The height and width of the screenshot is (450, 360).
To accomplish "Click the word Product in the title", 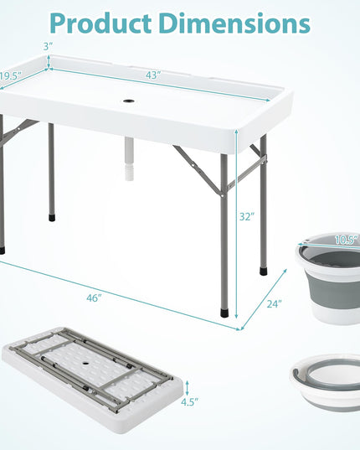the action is pyautogui.click(x=100, y=23).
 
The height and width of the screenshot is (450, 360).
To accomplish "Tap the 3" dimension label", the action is pyautogui.click(x=49, y=46).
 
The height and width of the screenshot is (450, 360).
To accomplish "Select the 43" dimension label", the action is pyautogui.click(x=153, y=75).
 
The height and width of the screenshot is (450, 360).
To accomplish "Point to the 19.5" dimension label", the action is pyautogui.click(x=11, y=76).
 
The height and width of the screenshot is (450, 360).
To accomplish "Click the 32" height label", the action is pyautogui.click(x=247, y=217).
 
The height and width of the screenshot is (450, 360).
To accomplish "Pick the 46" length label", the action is pyautogui.click(x=94, y=297).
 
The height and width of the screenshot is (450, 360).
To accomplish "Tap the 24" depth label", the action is pyautogui.click(x=275, y=303).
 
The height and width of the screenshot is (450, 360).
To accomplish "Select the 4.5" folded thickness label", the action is pyautogui.click(x=189, y=402).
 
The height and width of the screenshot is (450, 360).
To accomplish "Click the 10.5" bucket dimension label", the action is pyautogui.click(x=347, y=240).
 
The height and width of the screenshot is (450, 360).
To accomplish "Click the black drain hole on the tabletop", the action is pyautogui.click(x=129, y=101).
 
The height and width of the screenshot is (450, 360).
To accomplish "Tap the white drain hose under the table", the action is pyautogui.click(x=129, y=159).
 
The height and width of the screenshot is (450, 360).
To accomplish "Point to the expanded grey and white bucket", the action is pyautogui.click(x=327, y=279).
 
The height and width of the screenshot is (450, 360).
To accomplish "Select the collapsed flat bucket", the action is pyautogui.click(x=325, y=383).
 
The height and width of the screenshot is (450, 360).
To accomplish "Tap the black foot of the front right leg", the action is pyautogui.click(x=224, y=313).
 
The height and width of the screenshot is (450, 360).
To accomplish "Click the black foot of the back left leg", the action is pyautogui.click(x=52, y=218).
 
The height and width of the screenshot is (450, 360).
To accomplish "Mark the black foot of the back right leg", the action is pyautogui.click(x=264, y=272).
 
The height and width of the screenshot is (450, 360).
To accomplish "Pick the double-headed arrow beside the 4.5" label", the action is pyautogui.click(x=188, y=388).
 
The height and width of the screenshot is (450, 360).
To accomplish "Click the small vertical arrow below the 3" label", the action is pyautogui.click(x=49, y=62).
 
